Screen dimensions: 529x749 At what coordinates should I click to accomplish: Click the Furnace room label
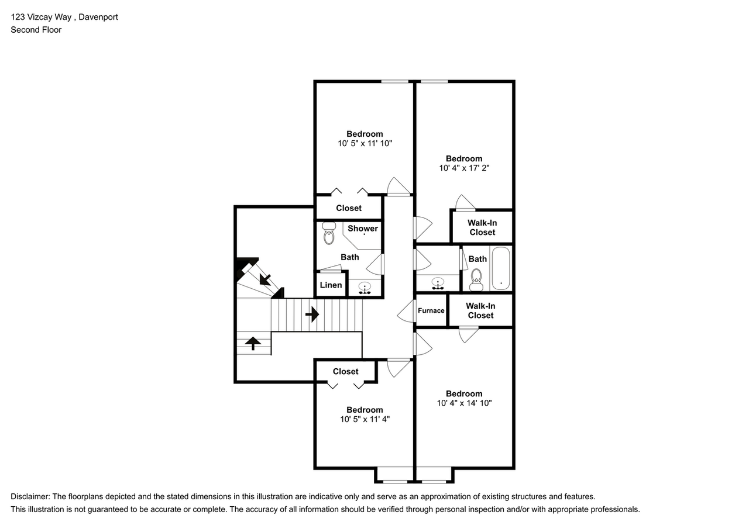[431, 310]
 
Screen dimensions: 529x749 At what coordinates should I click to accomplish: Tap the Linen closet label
[331, 285]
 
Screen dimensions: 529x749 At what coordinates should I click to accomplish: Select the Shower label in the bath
[363, 229]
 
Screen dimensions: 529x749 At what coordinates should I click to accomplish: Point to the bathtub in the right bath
[501, 269]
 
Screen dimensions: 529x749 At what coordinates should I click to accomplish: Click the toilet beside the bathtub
[476, 279]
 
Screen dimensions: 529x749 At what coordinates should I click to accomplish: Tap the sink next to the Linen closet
[365, 288]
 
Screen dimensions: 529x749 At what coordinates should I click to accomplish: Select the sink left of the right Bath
[437, 283]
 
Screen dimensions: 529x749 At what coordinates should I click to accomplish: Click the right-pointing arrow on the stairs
[312, 314]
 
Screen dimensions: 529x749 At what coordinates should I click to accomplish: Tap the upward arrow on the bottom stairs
[253, 343]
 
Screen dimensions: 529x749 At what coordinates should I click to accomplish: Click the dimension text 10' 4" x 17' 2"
[464, 168]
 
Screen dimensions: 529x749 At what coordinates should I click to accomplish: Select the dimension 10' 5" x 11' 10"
[365, 143]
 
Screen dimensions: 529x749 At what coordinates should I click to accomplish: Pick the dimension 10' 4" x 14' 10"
[464, 403]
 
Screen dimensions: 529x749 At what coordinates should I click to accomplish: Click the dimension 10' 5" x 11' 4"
[365, 419]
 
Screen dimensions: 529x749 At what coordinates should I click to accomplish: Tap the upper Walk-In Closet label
[482, 227]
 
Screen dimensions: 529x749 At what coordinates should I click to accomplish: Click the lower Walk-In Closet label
[480, 310]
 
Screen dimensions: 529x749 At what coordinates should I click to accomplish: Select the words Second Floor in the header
[36, 30]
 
